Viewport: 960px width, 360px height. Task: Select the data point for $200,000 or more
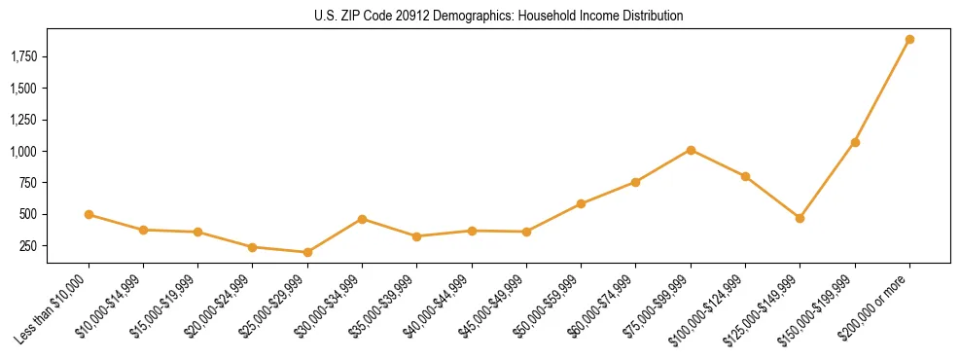[909, 40]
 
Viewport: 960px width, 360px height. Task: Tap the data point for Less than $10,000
[89, 214]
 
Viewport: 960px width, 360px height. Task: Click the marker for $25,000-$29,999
[307, 252]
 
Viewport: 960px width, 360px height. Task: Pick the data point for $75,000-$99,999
[691, 150]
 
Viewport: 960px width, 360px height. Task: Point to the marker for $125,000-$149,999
[800, 218]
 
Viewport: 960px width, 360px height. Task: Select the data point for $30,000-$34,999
[362, 219]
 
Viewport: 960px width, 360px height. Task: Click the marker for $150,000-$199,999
[855, 142]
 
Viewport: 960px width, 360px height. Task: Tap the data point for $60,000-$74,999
[635, 182]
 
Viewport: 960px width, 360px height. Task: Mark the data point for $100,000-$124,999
[745, 176]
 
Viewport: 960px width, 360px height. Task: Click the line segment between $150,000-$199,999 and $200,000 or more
[882, 91]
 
